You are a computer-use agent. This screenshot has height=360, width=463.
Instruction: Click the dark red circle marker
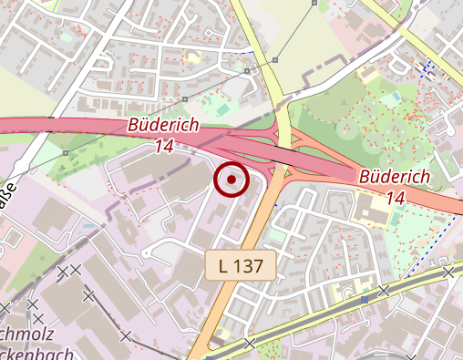[231, 180]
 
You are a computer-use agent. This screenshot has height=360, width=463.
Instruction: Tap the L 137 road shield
[241, 266]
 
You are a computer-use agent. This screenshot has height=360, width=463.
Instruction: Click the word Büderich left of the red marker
[164, 125]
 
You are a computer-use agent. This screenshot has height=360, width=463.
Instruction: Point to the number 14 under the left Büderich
[164, 146]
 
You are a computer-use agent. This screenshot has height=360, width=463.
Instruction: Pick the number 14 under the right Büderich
[396, 197]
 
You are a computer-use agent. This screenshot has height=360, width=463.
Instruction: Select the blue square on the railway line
[365, 299]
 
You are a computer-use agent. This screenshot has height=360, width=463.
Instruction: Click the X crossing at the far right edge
[448, 272]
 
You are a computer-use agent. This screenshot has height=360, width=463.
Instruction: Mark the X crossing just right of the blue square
[384, 290]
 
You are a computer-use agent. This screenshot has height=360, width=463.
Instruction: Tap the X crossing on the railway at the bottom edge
[250, 345]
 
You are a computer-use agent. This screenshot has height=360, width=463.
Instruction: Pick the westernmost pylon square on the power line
[66, 152]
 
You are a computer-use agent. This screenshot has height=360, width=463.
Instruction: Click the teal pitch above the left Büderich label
[223, 110]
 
